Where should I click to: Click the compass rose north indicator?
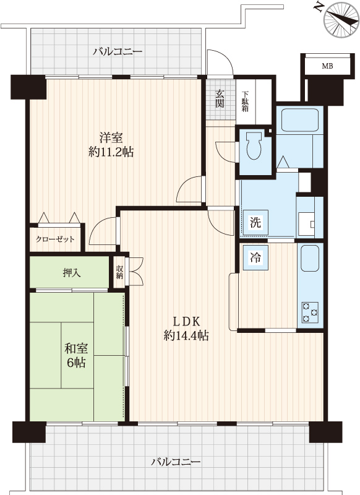click(x=341, y=20)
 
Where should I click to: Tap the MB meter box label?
click(x=327, y=66)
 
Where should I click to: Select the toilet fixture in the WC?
click(x=254, y=145)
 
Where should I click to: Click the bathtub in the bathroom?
click(x=300, y=120)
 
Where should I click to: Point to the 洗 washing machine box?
click(x=255, y=222)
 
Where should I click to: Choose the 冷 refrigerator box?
click(x=255, y=257)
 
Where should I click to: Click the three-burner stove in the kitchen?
click(x=310, y=312)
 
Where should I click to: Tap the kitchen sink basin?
click(x=310, y=259)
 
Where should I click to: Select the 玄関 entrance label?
click(x=220, y=98)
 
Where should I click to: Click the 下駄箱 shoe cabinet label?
click(x=246, y=101)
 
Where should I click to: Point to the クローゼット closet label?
click(x=55, y=239)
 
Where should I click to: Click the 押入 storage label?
click(x=72, y=272)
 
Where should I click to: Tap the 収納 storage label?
click(x=119, y=272)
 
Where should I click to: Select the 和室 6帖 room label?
click(x=76, y=355)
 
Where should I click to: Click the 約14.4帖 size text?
click(x=186, y=335)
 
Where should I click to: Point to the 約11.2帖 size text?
click(x=111, y=152)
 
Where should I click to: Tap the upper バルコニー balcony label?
click(x=118, y=51)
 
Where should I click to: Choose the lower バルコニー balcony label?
click(x=176, y=462)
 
